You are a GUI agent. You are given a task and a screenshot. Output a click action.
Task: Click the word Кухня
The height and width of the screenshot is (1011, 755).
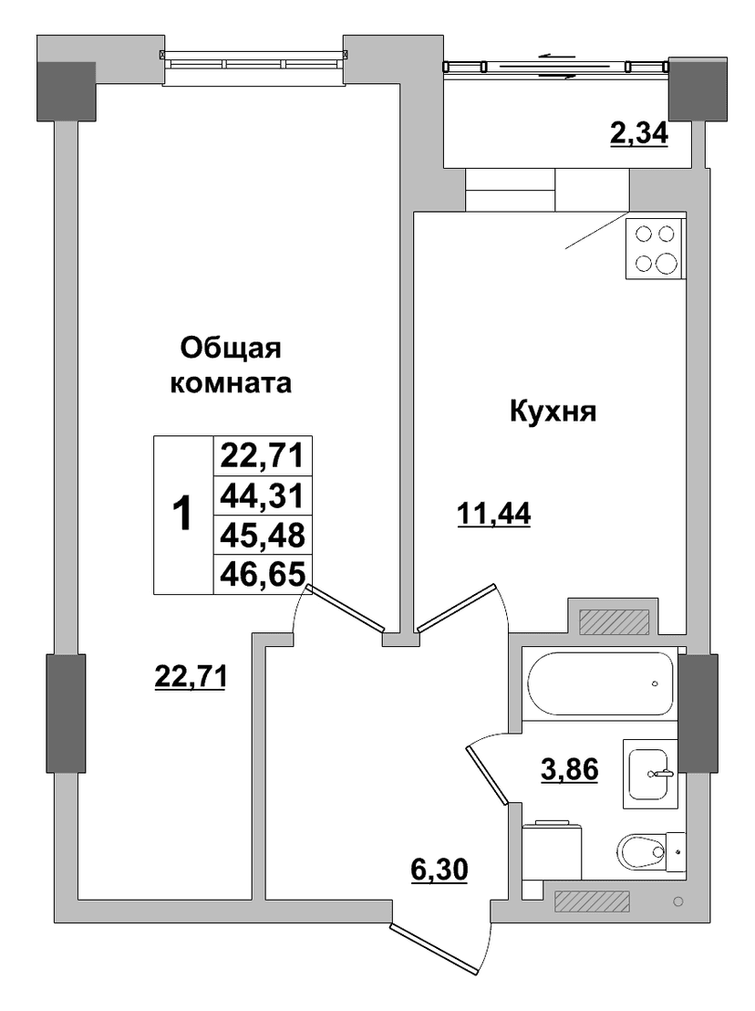pos(553,411)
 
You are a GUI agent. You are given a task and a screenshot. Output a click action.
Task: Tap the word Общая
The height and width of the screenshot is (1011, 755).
pos(231,349)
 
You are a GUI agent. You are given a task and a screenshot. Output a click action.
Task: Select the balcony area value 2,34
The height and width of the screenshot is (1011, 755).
pos(639,133)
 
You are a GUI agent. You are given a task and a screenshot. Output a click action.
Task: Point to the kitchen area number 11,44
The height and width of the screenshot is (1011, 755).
pos(493,514)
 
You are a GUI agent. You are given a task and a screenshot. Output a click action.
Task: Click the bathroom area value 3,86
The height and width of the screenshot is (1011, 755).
pos(570,769)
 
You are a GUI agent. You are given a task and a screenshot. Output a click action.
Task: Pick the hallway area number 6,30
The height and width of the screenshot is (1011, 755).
pos(440,870)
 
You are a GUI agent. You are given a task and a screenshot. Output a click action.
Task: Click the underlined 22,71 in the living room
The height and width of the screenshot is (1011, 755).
pos(190,677)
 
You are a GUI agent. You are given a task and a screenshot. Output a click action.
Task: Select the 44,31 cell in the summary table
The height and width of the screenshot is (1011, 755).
pos(263,495)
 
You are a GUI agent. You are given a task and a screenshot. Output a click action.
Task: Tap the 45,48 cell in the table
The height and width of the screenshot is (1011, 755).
pos(263,535)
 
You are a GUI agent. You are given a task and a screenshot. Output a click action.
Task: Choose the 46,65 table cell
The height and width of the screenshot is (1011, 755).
pos(263,573)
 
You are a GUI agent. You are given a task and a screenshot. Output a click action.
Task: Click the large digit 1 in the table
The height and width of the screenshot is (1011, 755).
pos(183,514)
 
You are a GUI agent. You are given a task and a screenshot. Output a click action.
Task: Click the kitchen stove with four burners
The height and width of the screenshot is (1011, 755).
pos(655,249)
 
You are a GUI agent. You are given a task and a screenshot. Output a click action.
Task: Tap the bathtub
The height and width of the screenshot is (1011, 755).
pos(600,683)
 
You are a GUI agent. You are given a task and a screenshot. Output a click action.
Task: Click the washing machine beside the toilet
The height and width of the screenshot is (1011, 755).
pos(552,850)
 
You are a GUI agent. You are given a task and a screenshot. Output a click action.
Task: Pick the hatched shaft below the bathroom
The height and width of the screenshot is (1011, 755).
pos(592,901)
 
